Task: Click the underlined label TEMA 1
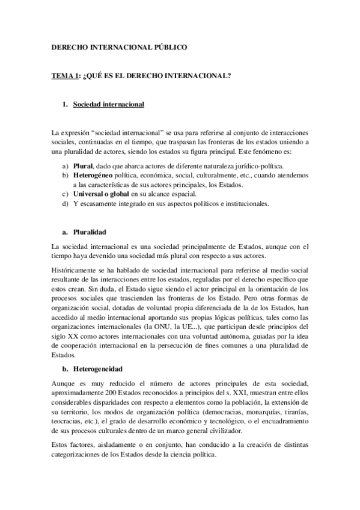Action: click(65, 76)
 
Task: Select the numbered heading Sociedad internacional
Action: click(108, 104)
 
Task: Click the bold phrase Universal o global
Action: click(101, 194)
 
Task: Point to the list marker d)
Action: click(65, 204)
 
